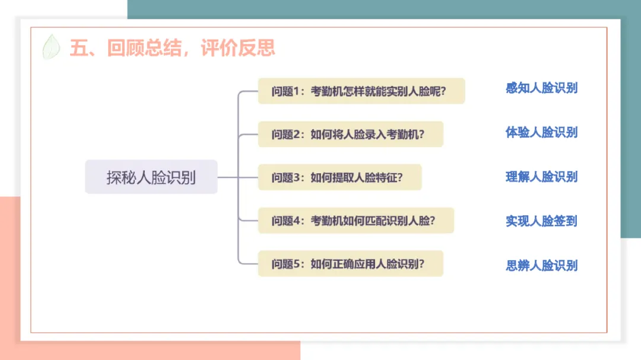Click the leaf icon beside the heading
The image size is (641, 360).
click(x=52, y=47)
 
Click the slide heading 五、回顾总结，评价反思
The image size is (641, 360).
click(x=172, y=47)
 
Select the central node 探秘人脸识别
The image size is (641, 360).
click(x=151, y=177)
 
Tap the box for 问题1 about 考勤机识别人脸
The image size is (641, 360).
click(x=361, y=91)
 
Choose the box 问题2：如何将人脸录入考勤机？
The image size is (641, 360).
click(x=350, y=134)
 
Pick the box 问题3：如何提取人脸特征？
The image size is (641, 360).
click(x=339, y=177)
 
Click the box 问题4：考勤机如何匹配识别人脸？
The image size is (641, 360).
click(x=356, y=221)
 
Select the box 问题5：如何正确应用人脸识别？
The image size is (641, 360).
click(x=350, y=264)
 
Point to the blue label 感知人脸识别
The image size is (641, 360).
click(x=541, y=88)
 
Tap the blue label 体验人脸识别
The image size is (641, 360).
click(x=541, y=132)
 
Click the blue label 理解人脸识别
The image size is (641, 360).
click(x=541, y=177)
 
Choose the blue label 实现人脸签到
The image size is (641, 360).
click(x=541, y=221)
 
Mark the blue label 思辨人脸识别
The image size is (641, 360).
click(x=541, y=265)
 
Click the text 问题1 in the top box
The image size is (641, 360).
click(x=286, y=91)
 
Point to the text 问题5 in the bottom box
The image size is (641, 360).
click(x=286, y=264)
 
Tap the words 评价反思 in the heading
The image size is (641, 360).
click(x=238, y=47)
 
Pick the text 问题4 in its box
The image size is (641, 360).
click(x=286, y=221)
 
